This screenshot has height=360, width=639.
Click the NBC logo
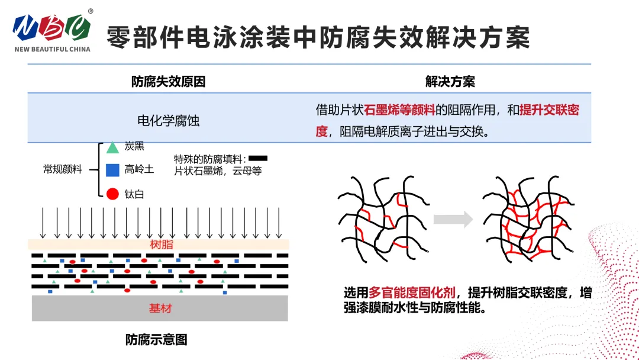tap(52, 27)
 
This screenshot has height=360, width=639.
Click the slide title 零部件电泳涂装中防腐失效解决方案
tap(318, 37)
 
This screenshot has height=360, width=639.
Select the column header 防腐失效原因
tap(168, 82)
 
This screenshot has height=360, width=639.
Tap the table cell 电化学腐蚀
tap(168, 121)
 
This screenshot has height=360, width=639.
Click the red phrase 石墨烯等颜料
tap(399, 110)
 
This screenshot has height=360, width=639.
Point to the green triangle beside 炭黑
tap(112, 147)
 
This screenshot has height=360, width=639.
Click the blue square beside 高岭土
tap(112, 170)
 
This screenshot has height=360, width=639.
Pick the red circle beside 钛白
tap(112, 194)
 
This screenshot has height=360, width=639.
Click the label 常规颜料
tap(62, 169)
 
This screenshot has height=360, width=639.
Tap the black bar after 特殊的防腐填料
tap(259, 158)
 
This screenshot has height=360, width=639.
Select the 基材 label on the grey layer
tap(160, 308)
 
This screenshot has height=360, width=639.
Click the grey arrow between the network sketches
tap(453, 220)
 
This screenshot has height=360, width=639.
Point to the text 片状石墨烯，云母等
tap(217, 171)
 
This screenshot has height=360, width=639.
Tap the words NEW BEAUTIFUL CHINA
tap(53, 49)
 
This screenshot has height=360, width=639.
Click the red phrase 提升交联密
tap(548, 110)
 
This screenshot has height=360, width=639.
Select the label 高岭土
tap(139, 170)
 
